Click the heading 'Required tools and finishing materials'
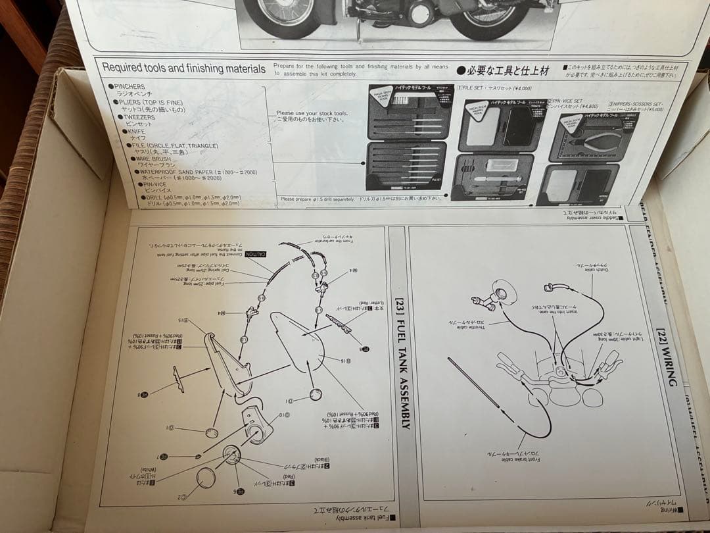(x=184, y=68)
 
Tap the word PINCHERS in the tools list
(x=130, y=86)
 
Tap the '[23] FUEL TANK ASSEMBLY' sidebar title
(x=402, y=363)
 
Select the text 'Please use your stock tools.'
(x=312, y=113)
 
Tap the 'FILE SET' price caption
(x=494, y=88)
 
